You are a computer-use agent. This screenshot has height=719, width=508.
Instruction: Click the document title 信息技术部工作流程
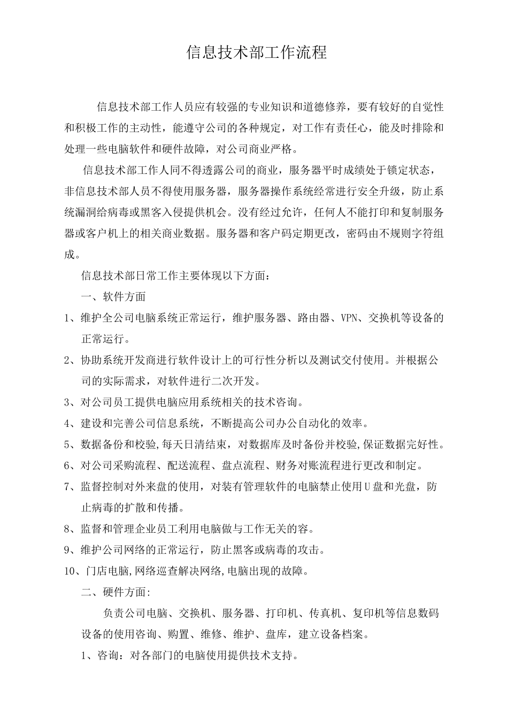click(x=256, y=52)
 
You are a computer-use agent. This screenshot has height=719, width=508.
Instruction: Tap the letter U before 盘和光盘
click(x=367, y=487)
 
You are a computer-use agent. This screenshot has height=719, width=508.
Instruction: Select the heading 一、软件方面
click(x=113, y=296)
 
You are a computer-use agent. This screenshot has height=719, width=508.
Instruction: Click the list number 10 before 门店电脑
click(x=71, y=571)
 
